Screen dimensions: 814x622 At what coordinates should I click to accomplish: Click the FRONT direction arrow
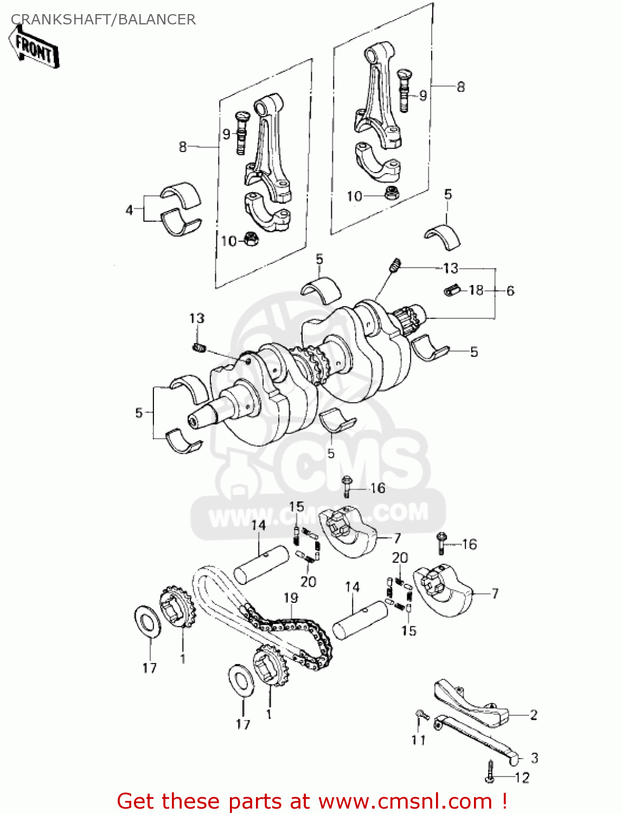(x=34, y=48)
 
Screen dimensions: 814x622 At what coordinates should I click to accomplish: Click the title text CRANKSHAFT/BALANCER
(x=103, y=20)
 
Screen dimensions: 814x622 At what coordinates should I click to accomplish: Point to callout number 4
(x=129, y=210)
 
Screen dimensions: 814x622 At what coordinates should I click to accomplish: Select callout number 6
(x=510, y=291)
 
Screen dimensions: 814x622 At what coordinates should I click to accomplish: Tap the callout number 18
(x=476, y=290)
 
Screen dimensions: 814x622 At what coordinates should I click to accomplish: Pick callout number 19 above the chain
(x=291, y=597)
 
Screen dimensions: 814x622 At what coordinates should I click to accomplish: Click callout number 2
(x=534, y=715)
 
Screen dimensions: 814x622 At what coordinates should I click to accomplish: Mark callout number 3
(x=534, y=758)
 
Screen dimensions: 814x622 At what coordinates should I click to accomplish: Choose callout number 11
(x=418, y=740)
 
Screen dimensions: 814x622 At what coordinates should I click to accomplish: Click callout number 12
(x=522, y=778)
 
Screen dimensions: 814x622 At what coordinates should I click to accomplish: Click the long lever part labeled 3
(x=477, y=738)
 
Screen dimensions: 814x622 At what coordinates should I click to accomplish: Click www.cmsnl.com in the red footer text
(x=405, y=801)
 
